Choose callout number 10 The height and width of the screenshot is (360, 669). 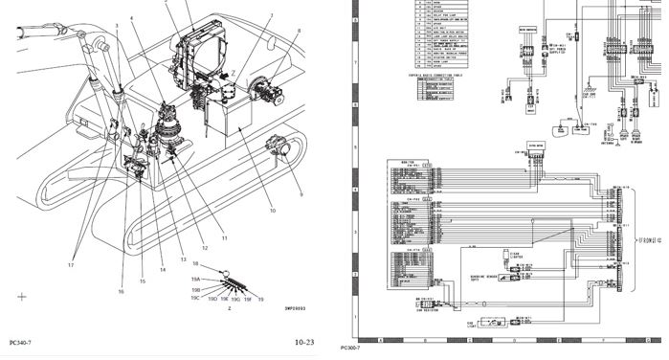pyautogui.click(x=271, y=211)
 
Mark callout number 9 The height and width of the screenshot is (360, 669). pyautogui.click(x=300, y=194)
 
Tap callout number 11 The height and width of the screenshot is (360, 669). pyautogui.click(x=224, y=237)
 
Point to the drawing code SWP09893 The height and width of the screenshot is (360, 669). pyautogui.click(x=280, y=309)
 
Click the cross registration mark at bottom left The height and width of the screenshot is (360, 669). pyautogui.click(x=22, y=298)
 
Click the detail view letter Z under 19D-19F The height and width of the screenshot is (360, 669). pyautogui.click(x=229, y=309)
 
